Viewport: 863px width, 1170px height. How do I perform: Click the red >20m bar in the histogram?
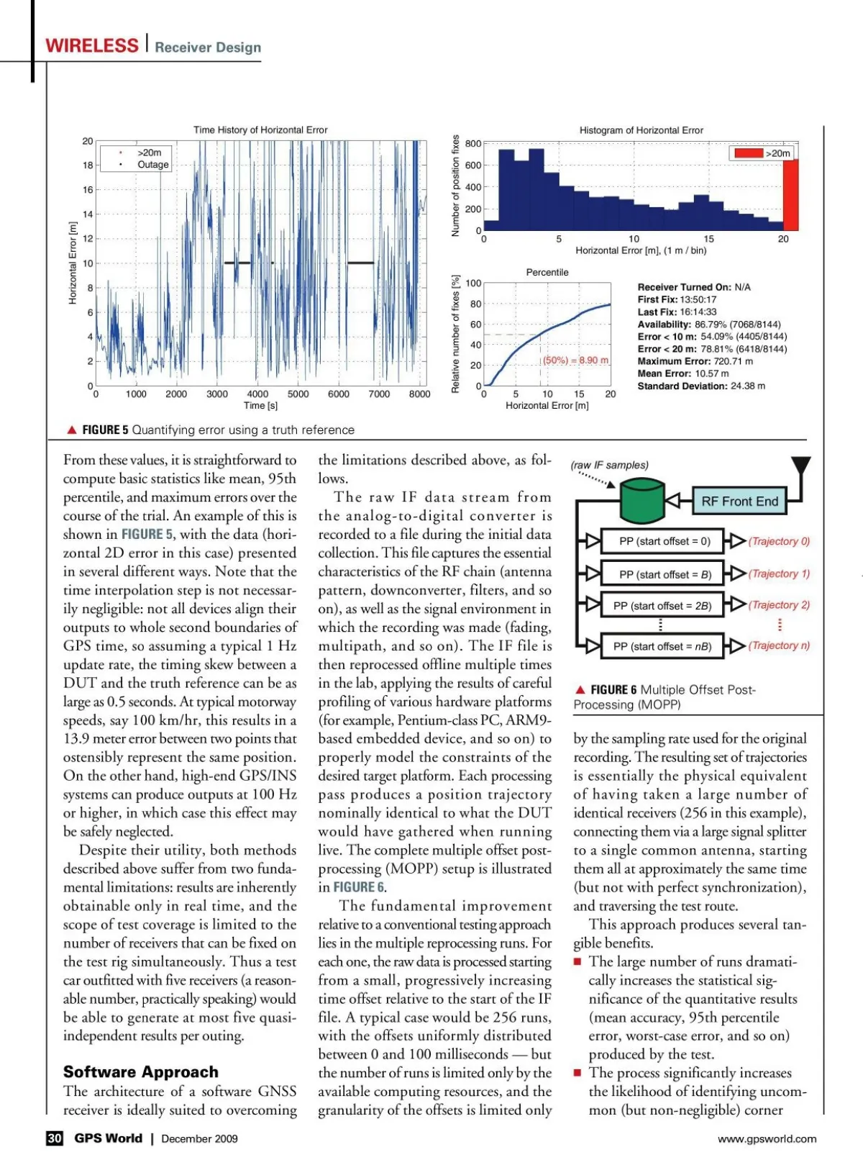(790, 195)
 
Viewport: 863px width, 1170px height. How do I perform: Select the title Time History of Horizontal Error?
(260, 130)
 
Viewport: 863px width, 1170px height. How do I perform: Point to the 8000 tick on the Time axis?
(419, 394)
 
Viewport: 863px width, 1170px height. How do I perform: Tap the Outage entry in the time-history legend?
(152, 165)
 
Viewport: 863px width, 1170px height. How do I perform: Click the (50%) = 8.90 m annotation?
(575, 360)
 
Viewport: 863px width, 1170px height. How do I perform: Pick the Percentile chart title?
(547, 273)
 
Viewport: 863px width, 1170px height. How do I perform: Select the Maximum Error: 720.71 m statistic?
(695, 361)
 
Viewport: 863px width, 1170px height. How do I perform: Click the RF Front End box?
(739, 502)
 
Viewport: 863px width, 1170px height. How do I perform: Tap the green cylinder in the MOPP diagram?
(641, 502)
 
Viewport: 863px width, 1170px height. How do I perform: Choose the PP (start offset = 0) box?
(665, 541)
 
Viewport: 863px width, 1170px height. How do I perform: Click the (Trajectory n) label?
(779, 645)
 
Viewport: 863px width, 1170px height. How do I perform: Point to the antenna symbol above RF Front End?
(800, 466)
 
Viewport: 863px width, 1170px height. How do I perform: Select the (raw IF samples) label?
(610, 465)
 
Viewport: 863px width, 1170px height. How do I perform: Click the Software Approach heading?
(140, 1072)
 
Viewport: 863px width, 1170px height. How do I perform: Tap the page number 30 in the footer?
(55, 1138)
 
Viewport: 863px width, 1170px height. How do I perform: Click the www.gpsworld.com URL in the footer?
(767, 1138)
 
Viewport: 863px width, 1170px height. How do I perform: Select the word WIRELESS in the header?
(92, 46)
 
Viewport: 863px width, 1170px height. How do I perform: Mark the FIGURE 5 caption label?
(105, 430)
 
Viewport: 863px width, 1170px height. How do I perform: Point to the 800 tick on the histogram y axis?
(473, 144)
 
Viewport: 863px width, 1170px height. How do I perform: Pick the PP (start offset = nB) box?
(662, 646)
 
